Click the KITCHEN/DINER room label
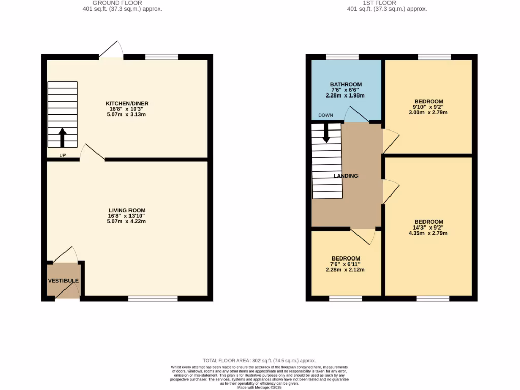(x=127, y=104)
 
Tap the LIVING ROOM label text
(x=127, y=210)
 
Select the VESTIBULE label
(x=63, y=281)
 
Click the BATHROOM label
(x=345, y=85)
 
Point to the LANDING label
(x=346, y=176)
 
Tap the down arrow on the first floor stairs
(x=326, y=133)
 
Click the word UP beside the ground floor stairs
(x=63, y=155)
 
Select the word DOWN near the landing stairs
(x=326, y=115)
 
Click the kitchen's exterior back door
(x=111, y=50)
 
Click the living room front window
(x=153, y=299)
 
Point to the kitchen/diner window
(x=161, y=57)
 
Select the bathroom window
(x=342, y=57)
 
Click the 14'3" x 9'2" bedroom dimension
(x=429, y=227)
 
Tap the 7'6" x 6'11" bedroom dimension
(x=345, y=264)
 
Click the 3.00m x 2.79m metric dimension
(x=429, y=112)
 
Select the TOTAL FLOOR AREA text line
(x=259, y=359)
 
